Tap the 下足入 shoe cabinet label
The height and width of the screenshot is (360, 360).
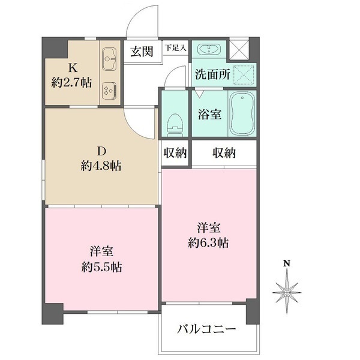click(176, 47)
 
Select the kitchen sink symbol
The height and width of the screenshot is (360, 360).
click(109, 58)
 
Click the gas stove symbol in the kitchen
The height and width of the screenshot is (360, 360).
click(109, 90)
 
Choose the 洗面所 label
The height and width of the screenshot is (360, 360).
click(211, 74)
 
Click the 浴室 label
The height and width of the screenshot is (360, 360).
click(209, 114)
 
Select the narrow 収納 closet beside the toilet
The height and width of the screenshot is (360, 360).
click(175, 153)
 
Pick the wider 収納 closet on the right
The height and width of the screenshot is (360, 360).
click(224, 153)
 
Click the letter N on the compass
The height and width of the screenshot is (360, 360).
click(287, 263)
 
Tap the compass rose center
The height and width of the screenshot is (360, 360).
click(287, 292)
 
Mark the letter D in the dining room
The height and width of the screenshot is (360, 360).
click(101, 151)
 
